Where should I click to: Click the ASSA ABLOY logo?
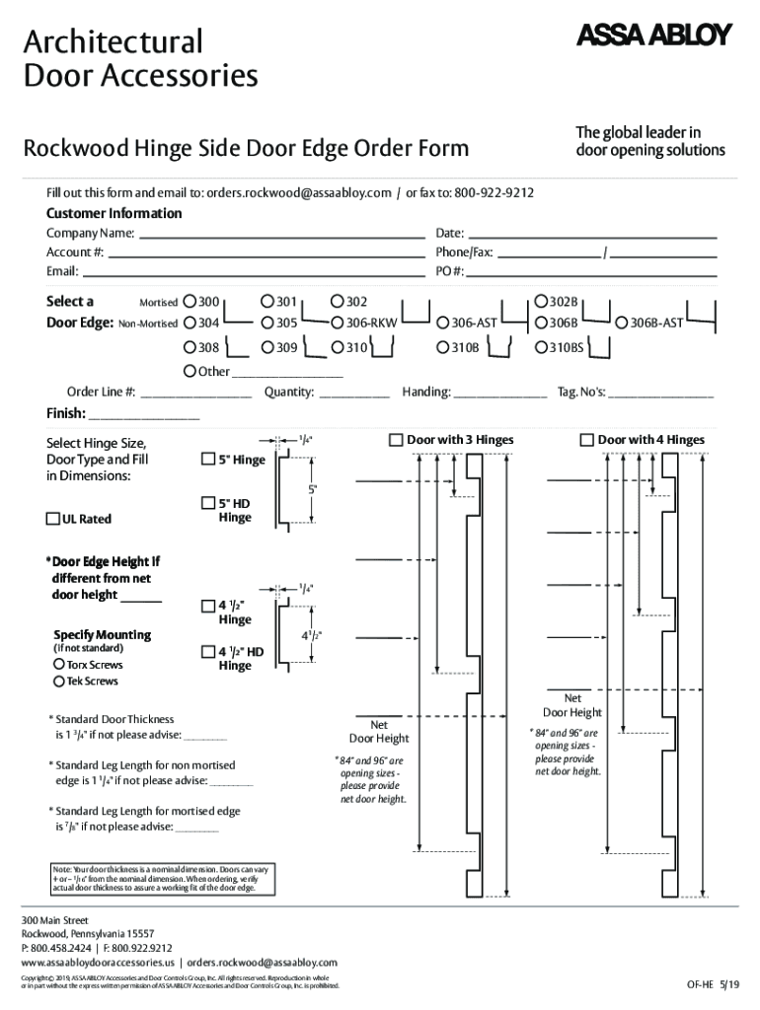652,36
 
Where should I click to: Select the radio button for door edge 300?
190,302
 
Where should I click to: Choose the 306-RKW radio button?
338,323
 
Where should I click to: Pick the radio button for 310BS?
541,347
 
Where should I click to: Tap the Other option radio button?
190,372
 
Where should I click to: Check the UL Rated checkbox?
53,520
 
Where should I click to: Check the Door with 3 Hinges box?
396,440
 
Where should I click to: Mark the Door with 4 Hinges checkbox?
586,440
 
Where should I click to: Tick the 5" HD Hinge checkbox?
207,503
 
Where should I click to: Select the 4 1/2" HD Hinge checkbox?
207,652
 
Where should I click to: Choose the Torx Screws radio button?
58,665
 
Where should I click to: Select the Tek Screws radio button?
58,682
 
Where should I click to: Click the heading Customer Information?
114,213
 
